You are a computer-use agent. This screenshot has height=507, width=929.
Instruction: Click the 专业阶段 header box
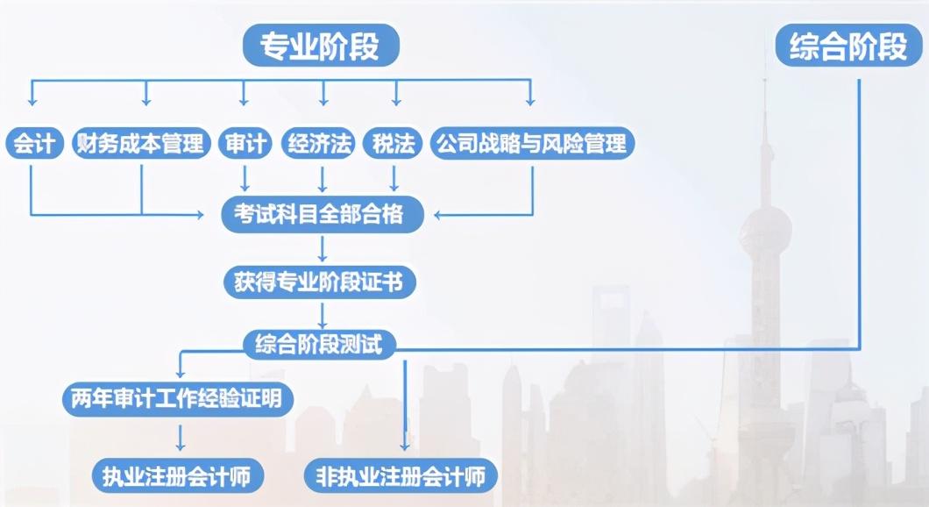click(x=320, y=46)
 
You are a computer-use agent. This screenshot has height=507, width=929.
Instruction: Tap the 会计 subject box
click(x=34, y=143)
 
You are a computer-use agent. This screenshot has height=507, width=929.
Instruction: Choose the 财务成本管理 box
click(x=140, y=143)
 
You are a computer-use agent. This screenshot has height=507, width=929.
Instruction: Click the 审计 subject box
click(x=245, y=143)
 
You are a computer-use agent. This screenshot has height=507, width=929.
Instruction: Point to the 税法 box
click(x=394, y=143)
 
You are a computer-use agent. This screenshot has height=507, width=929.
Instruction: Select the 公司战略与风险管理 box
click(x=532, y=143)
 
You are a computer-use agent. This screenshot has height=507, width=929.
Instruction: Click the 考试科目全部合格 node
click(x=323, y=213)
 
